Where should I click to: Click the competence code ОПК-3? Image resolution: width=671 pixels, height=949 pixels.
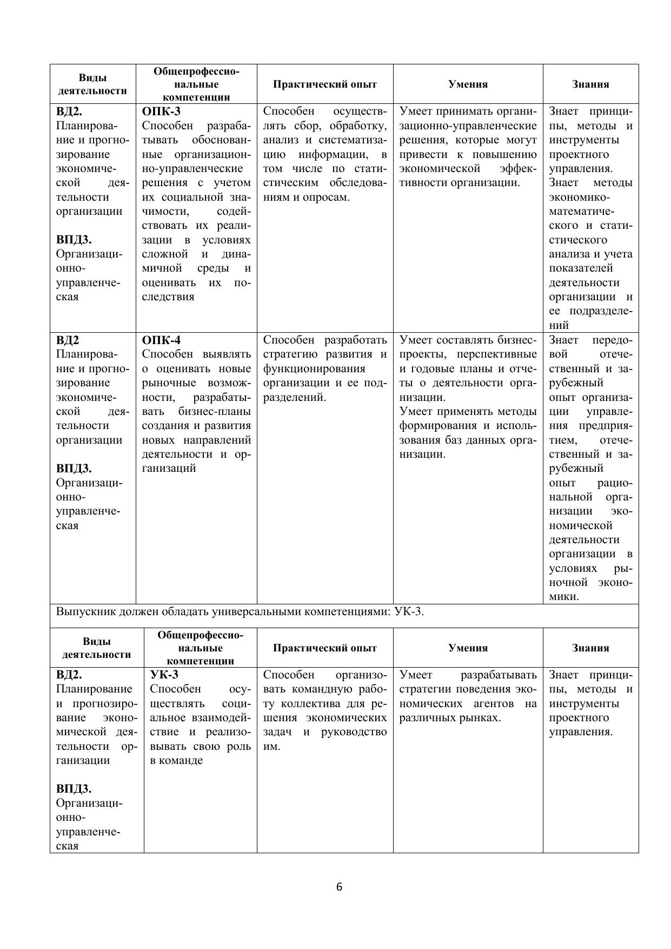[x=161, y=111]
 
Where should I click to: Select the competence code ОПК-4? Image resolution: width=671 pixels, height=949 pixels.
[x=161, y=340]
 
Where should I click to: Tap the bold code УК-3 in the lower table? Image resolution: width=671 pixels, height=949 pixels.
[x=164, y=675]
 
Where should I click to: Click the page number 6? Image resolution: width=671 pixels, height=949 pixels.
[x=339, y=887]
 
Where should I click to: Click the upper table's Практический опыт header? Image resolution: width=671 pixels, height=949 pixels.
[x=325, y=84]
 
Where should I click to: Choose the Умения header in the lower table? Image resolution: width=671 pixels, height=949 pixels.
[x=468, y=648]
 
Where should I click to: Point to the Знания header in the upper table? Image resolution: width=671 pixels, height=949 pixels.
[x=590, y=84]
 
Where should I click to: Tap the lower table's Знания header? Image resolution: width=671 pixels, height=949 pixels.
[x=590, y=648]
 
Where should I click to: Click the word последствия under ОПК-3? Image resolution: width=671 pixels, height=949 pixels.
[x=168, y=296]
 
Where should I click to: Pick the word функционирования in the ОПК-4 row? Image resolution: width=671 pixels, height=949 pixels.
[x=314, y=369]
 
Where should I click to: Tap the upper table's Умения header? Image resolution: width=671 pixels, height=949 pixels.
[x=468, y=84]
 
